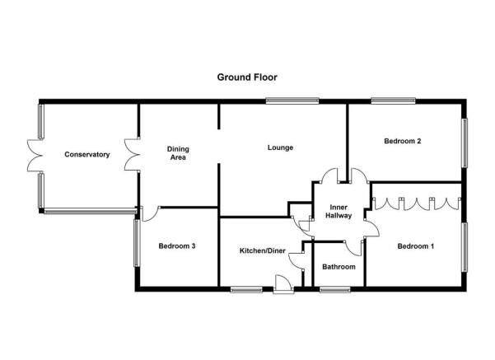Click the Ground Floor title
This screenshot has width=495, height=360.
(x=247, y=77)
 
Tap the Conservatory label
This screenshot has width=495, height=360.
(x=87, y=154)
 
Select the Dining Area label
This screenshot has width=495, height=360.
(x=178, y=153)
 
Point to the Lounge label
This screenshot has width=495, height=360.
(x=280, y=147)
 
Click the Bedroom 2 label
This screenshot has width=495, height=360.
(x=403, y=141)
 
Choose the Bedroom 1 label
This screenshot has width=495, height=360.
(x=416, y=246)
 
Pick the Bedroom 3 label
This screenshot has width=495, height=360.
(x=177, y=246)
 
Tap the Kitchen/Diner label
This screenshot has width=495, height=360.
(x=263, y=251)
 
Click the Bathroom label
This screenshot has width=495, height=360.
(x=339, y=267)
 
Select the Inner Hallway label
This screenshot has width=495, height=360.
(x=339, y=212)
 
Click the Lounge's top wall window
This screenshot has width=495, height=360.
(x=292, y=101)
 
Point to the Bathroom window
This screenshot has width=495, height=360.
(x=335, y=290)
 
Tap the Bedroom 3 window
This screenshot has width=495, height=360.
(x=137, y=243)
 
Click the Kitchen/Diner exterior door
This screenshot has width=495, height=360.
(x=283, y=284)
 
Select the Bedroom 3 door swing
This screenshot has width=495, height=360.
(x=150, y=214)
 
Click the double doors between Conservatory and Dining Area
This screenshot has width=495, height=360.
(x=133, y=155)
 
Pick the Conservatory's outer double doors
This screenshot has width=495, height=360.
(x=35, y=156)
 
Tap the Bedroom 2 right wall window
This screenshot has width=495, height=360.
(x=465, y=143)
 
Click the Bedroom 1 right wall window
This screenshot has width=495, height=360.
(x=465, y=247)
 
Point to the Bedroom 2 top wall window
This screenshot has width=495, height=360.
(x=394, y=101)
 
